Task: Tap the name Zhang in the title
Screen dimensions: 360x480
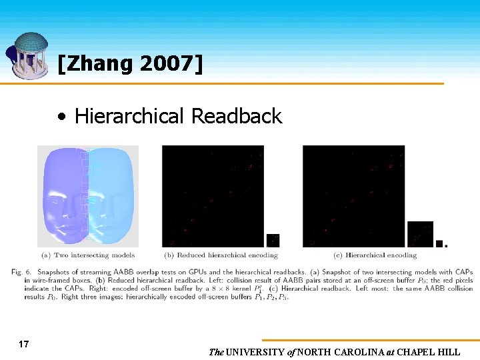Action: click(99, 64)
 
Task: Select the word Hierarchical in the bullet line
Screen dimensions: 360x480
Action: click(129, 116)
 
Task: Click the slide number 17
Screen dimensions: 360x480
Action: click(24, 345)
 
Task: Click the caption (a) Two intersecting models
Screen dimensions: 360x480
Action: click(88, 255)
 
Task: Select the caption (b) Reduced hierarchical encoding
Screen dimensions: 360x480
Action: click(221, 255)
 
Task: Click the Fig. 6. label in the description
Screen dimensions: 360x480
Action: click(21, 271)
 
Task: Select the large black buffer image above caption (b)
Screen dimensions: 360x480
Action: click(213, 196)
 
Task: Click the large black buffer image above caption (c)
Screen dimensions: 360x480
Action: click(353, 196)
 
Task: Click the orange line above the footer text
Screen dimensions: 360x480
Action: click(367, 340)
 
